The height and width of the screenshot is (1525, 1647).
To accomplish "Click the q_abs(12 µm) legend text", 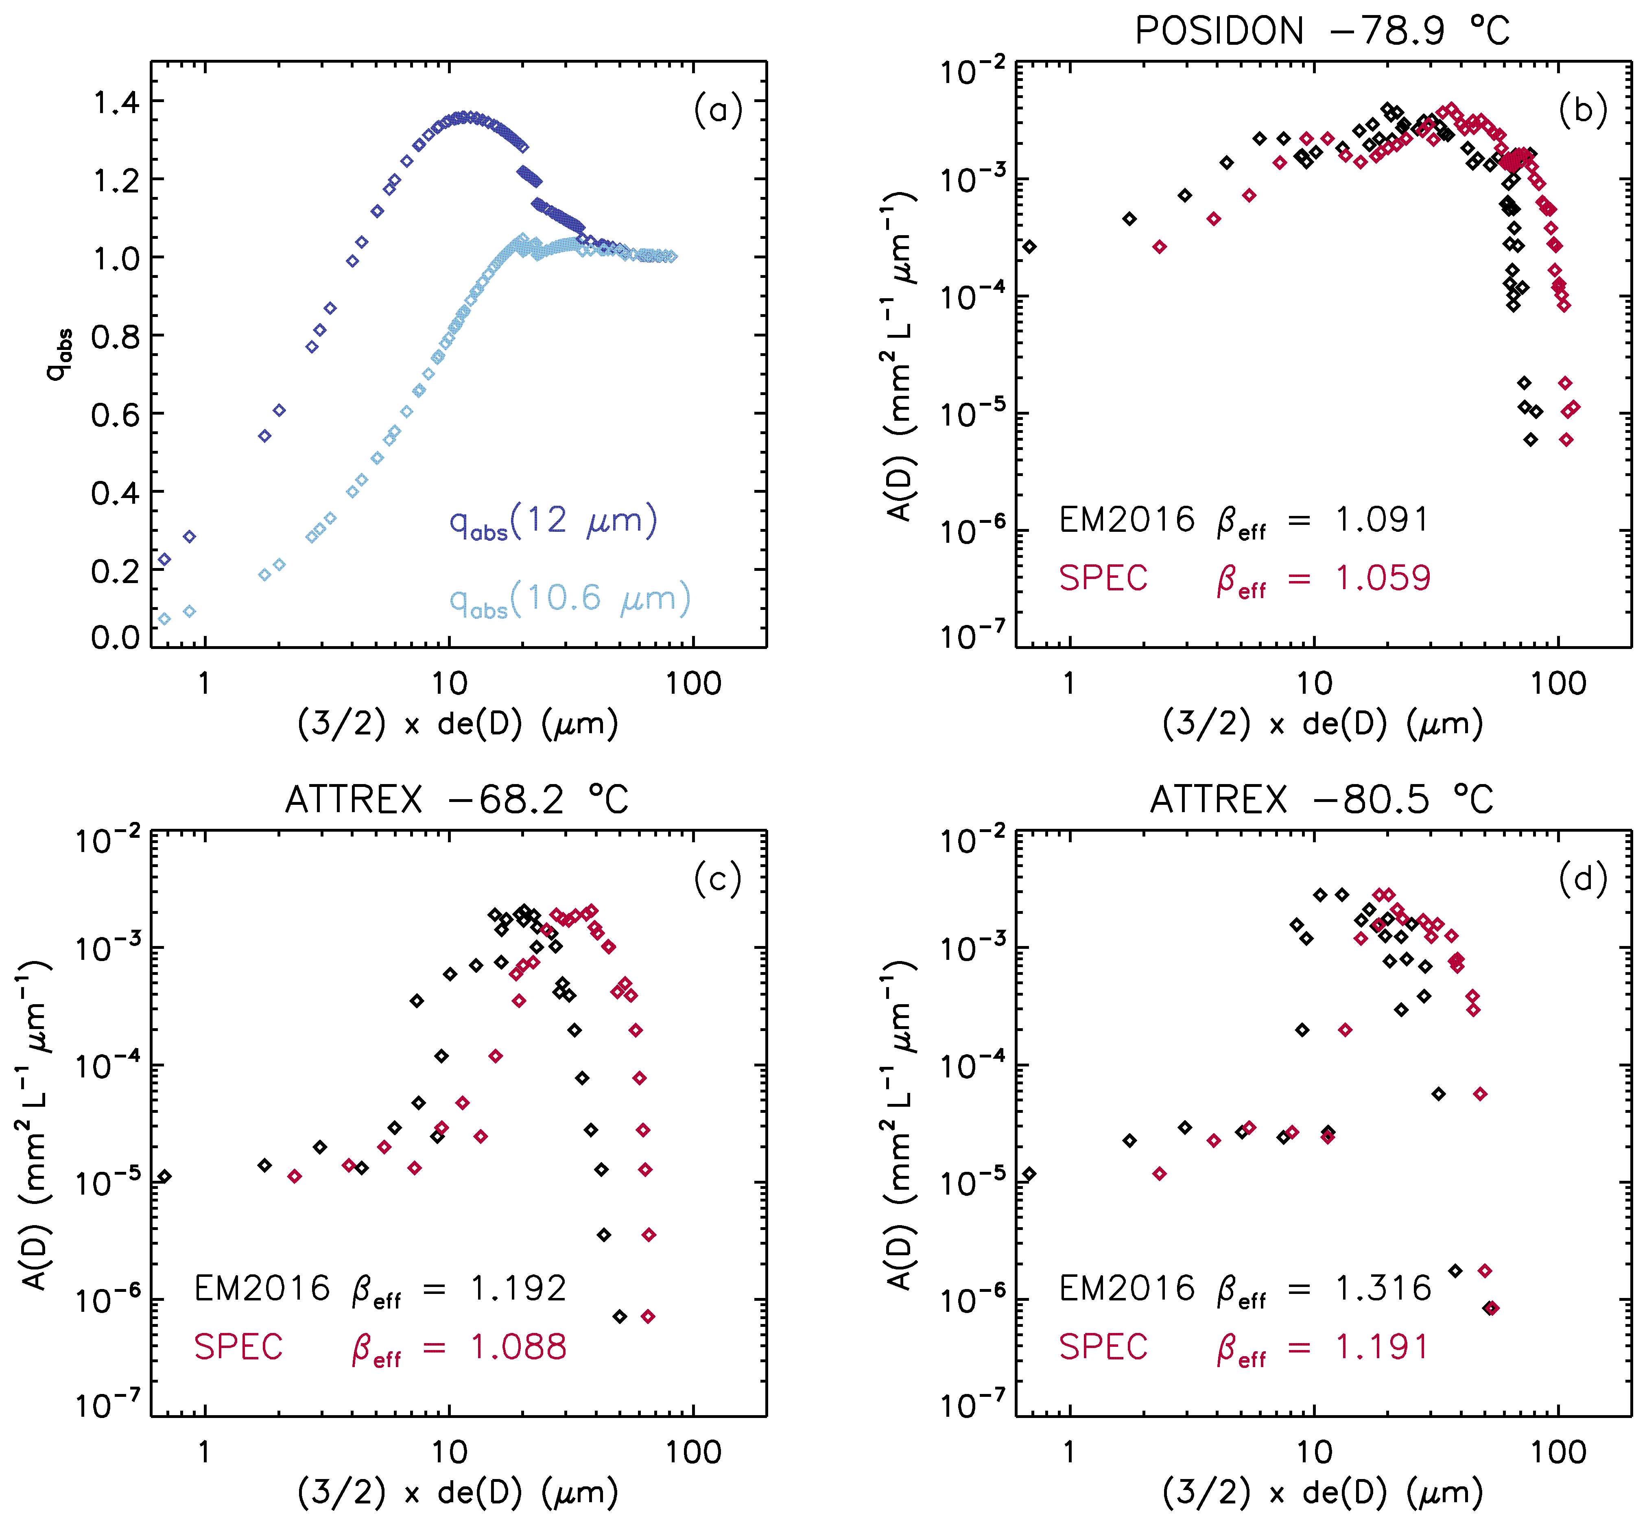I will point(553,522).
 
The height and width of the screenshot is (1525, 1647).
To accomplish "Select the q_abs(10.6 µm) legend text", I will point(569,599).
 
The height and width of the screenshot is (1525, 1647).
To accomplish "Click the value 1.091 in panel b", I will point(1382,520).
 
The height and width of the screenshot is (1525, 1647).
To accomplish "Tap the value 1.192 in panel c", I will point(518,1288).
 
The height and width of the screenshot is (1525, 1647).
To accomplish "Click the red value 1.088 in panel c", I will point(518,1348).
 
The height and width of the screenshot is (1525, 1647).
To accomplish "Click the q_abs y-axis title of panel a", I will point(59,355).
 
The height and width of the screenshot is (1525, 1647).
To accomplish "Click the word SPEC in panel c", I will point(238,1348).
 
